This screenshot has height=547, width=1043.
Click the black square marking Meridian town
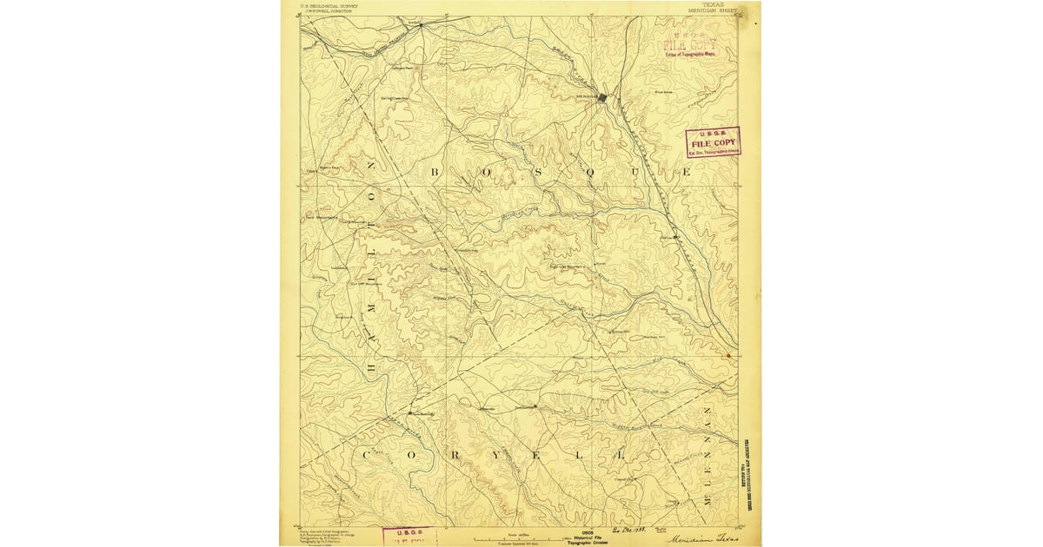(x=602, y=97)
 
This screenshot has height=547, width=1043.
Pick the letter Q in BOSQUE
(x=588, y=173)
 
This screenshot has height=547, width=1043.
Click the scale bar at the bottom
(x=521, y=537)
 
